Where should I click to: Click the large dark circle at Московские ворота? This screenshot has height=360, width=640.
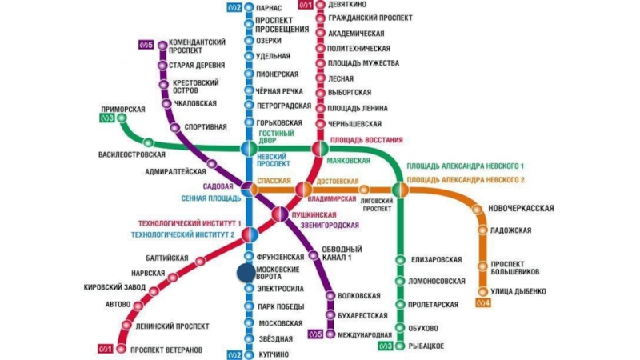click(x=246, y=272)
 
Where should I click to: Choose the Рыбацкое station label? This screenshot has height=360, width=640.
click(x=426, y=345)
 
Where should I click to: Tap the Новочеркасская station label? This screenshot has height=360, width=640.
click(x=521, y=208)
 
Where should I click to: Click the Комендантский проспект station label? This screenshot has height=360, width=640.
click(x=197, y=46)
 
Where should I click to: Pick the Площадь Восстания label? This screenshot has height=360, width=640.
click(x=366, y=140)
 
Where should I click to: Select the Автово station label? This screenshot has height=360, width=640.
click(x=117, y=304)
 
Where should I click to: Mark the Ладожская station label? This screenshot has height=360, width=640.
click(x=511, y=230)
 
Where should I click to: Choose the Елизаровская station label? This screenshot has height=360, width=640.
click(x=437, y=259)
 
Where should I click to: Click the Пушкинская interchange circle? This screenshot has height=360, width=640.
click(x=279, y=214)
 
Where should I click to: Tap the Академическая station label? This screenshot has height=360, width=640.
click(x=356, y=34)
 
